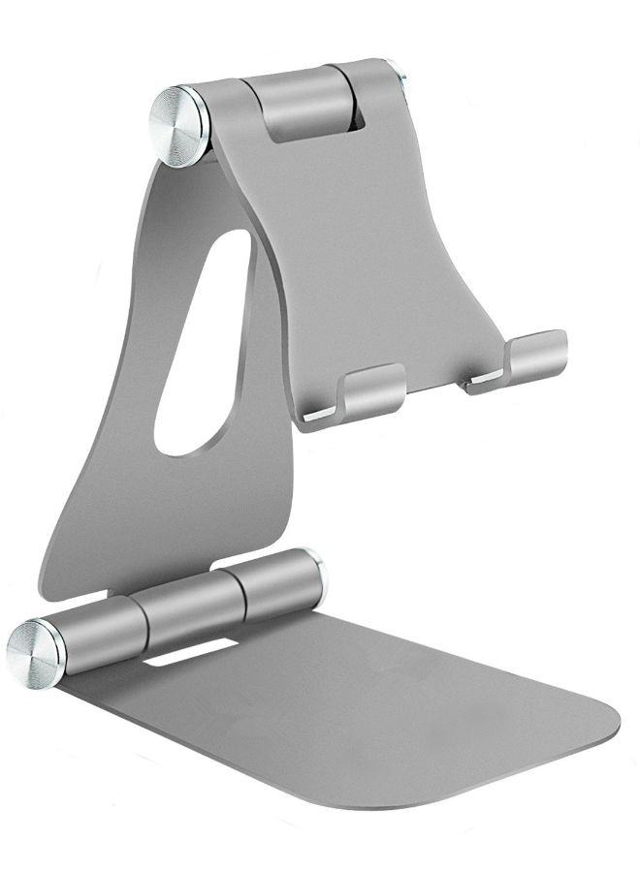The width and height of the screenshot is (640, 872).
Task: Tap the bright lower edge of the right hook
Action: [484, 387]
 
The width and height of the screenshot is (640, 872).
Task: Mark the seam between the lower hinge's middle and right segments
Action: [236, 591]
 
